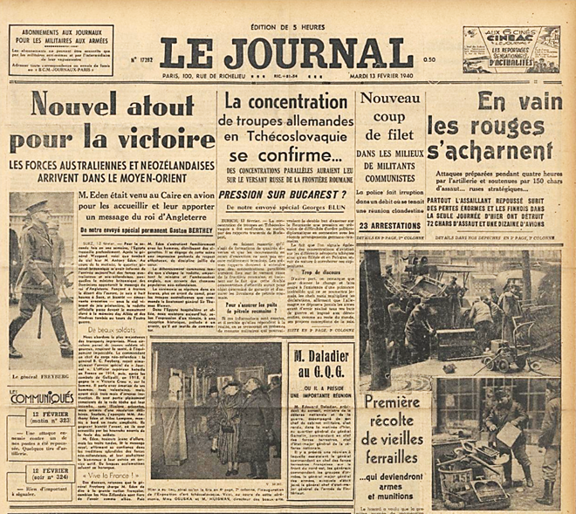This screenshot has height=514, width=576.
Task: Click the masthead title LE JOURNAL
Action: pyautogui.click(x=286, y=49)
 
